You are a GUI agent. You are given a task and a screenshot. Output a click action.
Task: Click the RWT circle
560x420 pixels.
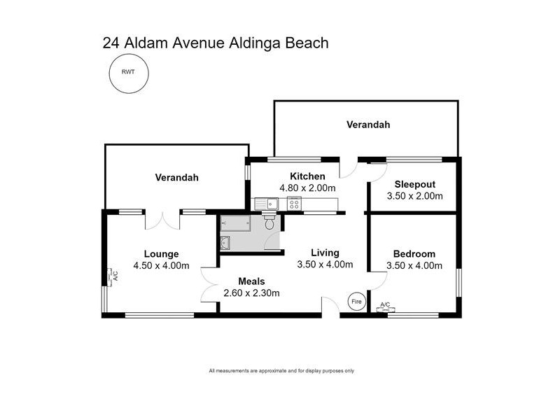pyautogui.click(x=128, y=71)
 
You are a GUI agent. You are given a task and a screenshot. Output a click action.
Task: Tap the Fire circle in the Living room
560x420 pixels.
pyautogui.click(x=357, y=302)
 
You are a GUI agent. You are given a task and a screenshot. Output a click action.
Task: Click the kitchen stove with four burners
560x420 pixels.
pyautogui.click(x=294, y=204)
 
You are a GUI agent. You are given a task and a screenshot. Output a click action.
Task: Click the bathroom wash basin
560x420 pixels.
pyautogui.click(x=225, y=243)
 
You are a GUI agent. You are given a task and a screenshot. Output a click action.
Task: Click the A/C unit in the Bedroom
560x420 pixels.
pyautogui.click(x=384, y=306)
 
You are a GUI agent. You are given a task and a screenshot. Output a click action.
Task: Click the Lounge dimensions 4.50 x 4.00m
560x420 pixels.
pyautogui.click(x=162, y=265)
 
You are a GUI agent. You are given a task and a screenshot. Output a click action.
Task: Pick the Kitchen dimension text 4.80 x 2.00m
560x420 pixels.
pyautogui.click(x=307, y=188)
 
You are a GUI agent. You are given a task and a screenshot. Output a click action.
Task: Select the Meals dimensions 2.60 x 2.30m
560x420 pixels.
pyautogui.click(x=251, y=293)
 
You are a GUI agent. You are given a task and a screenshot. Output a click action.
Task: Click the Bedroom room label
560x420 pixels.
pyautogui.click(x=414, y=253)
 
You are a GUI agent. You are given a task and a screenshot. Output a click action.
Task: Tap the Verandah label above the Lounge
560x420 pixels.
pyautogui.click(x=176, y=178)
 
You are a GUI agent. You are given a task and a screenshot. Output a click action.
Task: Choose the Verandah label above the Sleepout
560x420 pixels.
pyautogui.click(x=368, y=125)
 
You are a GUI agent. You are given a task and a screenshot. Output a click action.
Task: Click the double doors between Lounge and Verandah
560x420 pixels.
pyautogui.click(x=162, y=220)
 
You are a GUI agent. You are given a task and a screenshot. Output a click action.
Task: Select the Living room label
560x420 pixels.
pyautogui.click(x=325, y=253)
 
